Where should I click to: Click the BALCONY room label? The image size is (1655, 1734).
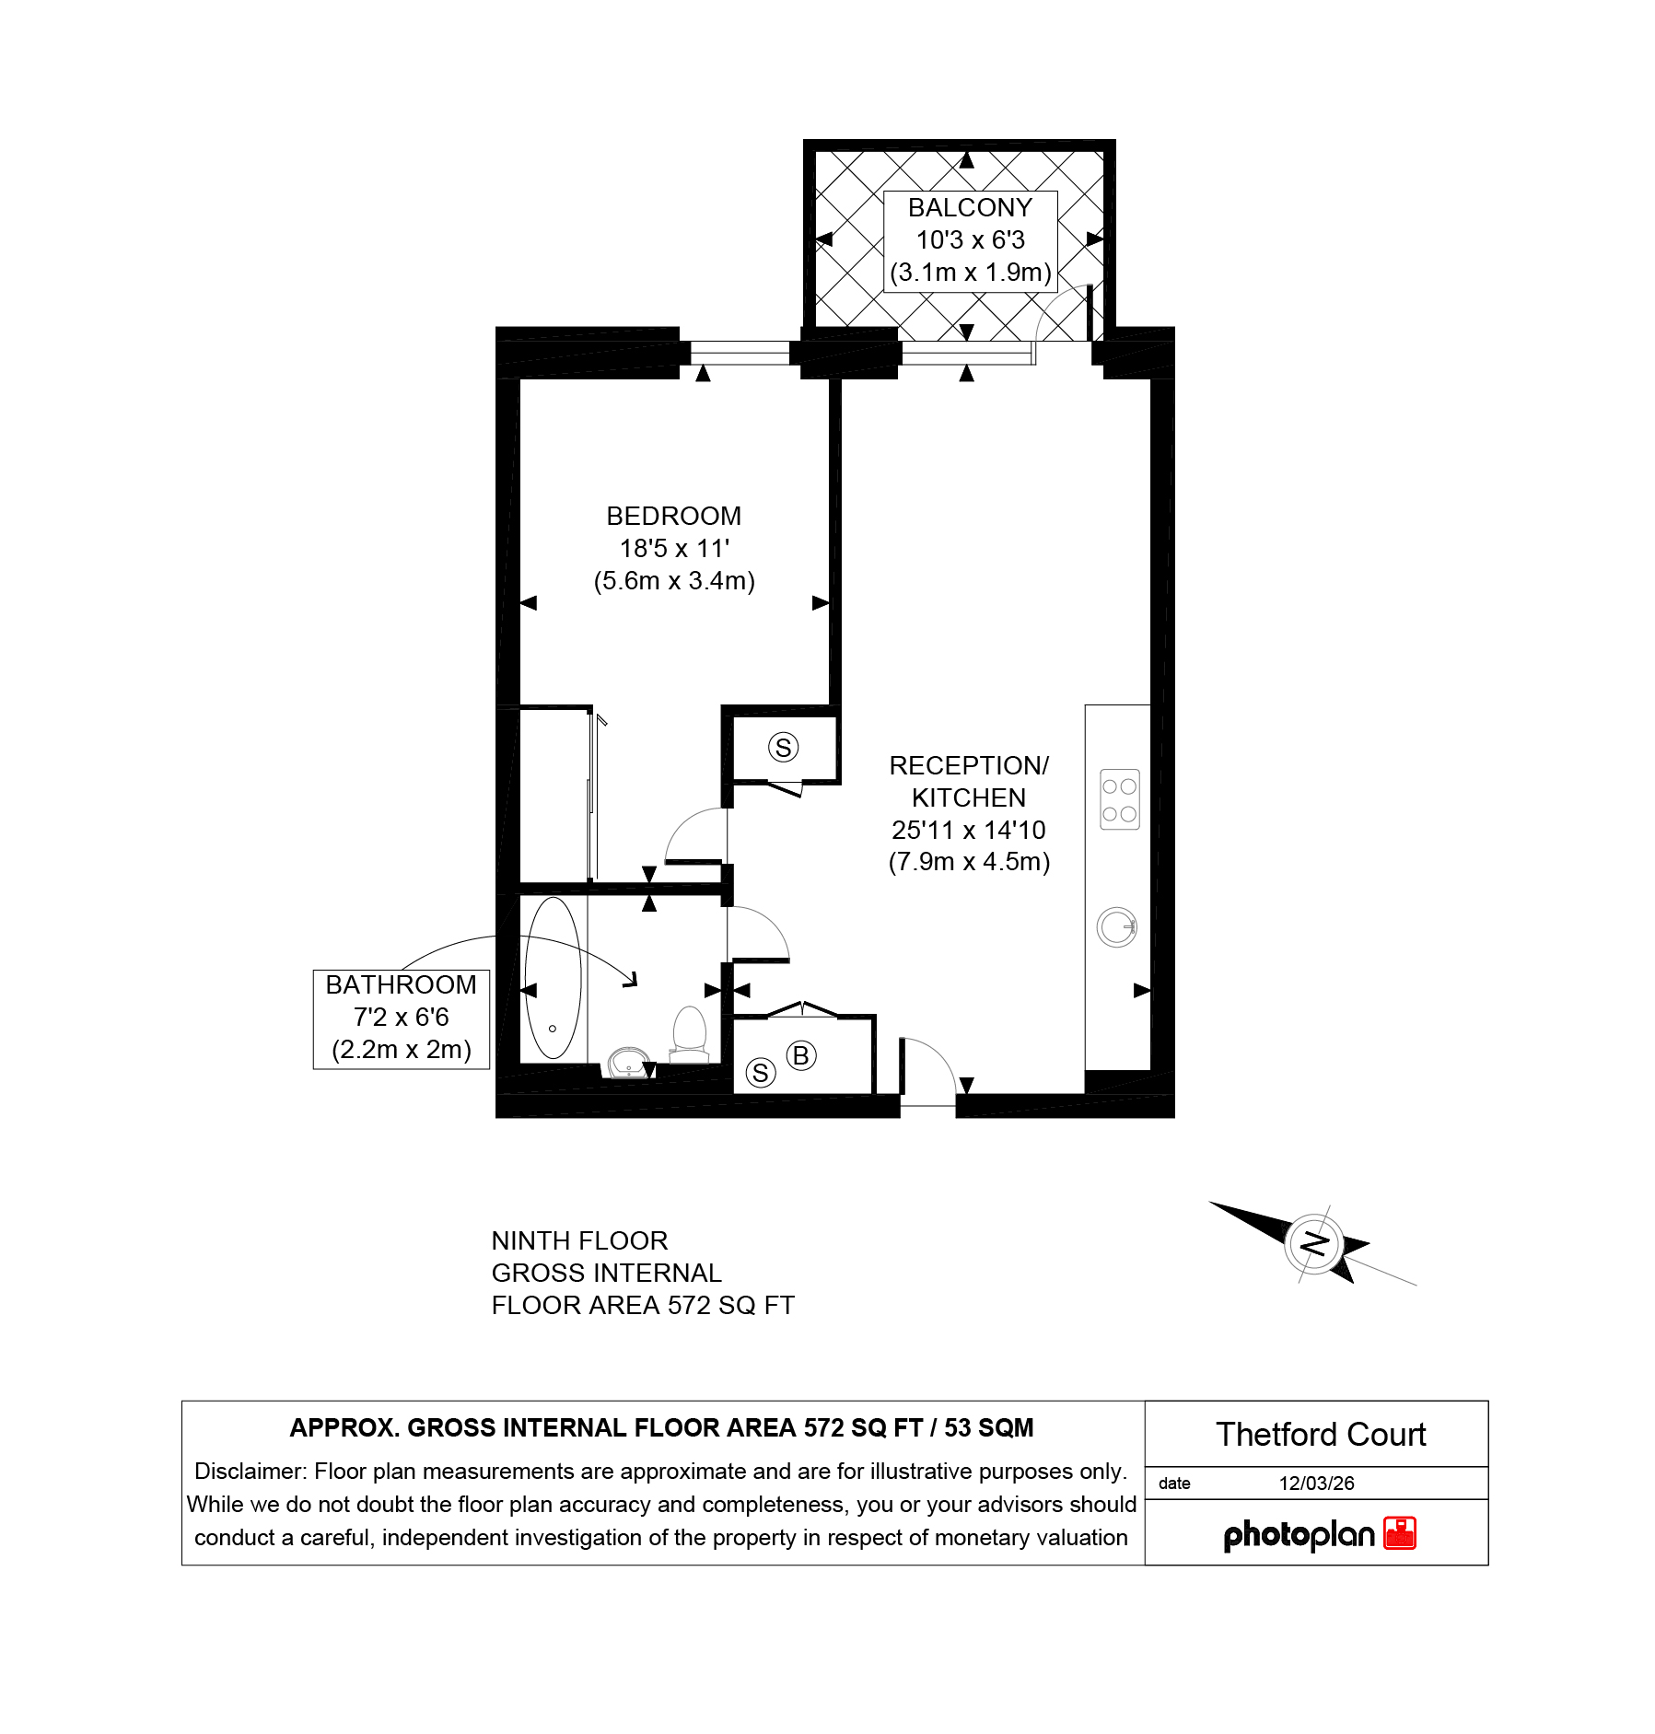(970, 208)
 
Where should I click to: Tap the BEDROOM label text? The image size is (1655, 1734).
(673, 516)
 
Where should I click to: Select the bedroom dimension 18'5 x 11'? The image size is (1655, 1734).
(674, 548)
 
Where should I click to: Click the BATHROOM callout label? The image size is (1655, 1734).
(401, 985)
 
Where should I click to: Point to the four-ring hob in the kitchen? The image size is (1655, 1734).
(1120, 799)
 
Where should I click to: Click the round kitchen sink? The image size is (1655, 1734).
(1116, 927)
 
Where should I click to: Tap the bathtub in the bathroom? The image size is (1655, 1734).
(553, 978)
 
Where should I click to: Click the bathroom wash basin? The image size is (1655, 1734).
(628, 1063)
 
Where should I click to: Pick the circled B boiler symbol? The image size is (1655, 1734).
(800, 1055)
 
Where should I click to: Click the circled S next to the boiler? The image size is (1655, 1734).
(761, 1072)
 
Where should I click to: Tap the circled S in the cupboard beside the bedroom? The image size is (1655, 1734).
(784, 747)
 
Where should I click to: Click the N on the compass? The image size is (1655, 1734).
(1314, 1244)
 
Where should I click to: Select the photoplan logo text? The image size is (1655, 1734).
(1299, 1535)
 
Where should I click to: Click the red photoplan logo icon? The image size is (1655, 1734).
(1400, 1533)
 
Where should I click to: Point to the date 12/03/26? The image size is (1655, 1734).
(1316, 1484)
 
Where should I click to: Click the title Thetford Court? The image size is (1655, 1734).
(1321, 1435)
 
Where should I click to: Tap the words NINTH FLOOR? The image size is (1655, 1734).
(579, 1240)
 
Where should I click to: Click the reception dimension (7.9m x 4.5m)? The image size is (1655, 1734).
(969, 862)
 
